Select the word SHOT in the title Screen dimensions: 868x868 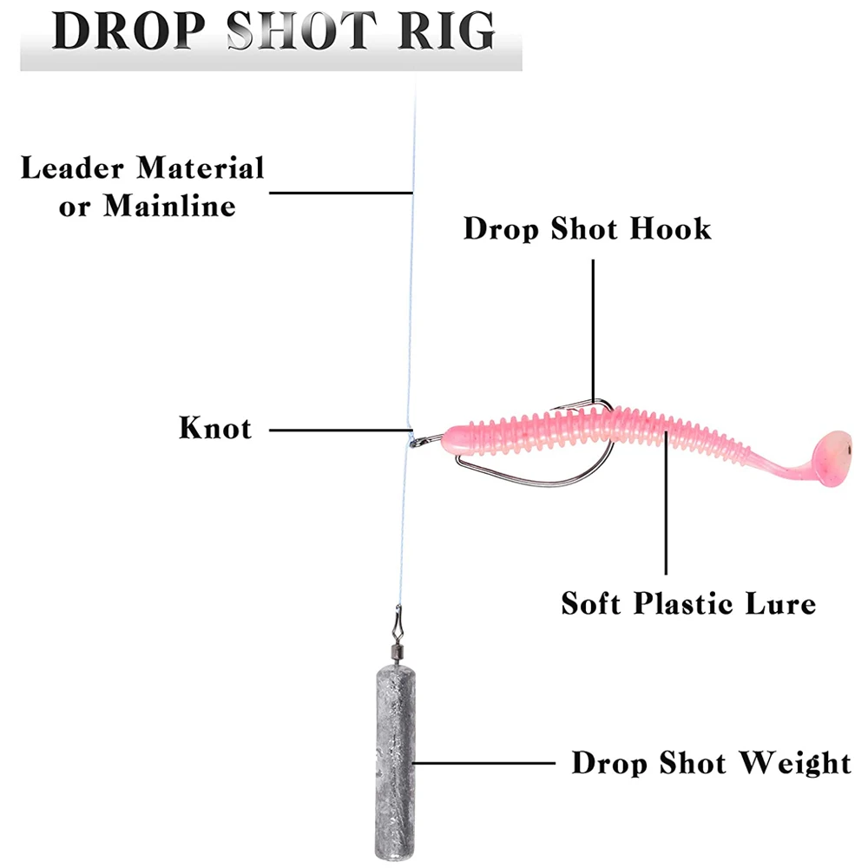pyautogui.click(x=299, y=32)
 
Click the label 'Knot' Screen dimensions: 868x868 pyautogui.click(x=214, y=428)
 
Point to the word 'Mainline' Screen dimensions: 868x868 pyautogui.click(x=169, y=207)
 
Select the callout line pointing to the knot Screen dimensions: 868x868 pyautogui.click(x=339, y=428)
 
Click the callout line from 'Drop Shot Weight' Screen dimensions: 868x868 pyautogui.click(x=486, y=764)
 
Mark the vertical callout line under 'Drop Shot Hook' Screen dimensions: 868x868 pyautogui.click(x=594, y=330)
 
